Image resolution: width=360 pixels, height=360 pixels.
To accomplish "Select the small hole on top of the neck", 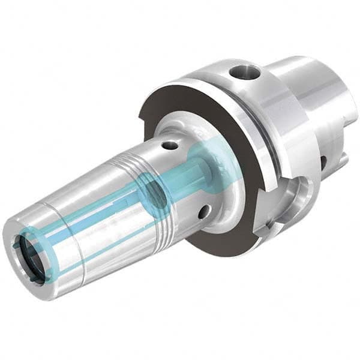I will [x=171, y=145].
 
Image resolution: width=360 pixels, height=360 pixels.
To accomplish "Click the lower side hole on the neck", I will [x=205, y=211].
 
